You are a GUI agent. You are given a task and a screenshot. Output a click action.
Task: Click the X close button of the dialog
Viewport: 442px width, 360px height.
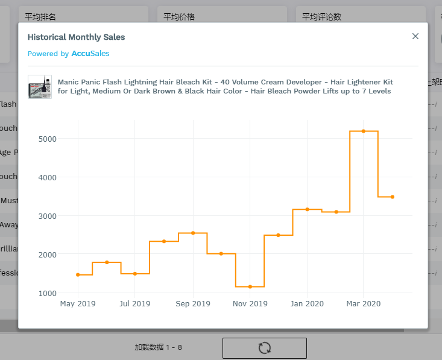415,36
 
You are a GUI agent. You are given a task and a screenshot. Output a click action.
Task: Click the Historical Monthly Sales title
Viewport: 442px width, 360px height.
76,37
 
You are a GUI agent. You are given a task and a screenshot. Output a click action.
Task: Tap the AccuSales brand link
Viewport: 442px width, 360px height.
90,54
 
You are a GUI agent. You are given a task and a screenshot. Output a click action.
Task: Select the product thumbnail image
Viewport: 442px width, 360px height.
40,87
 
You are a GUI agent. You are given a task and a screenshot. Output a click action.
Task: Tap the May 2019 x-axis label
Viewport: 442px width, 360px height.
78,304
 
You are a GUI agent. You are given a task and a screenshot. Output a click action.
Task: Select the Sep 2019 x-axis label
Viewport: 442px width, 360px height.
193,304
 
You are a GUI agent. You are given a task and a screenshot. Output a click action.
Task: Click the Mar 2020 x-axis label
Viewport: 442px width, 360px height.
363,304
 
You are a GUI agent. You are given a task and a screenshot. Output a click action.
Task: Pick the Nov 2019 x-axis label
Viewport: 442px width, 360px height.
250,304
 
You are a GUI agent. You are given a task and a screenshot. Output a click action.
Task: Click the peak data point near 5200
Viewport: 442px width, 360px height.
364,131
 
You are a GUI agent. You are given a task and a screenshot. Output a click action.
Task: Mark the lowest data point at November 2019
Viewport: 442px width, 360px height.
250,286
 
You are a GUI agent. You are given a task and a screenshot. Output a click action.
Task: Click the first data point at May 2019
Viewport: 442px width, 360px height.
78,274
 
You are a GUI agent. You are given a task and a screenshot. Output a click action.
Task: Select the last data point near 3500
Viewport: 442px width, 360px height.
392,197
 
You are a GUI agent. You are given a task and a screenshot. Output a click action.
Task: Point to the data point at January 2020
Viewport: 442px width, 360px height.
307,209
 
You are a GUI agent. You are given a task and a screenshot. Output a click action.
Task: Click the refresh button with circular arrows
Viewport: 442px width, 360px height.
264,348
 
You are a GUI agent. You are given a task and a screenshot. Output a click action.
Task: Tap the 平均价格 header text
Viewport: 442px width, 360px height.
179,17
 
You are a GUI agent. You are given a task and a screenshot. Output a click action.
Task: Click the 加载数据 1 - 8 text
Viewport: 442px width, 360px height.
158,347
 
